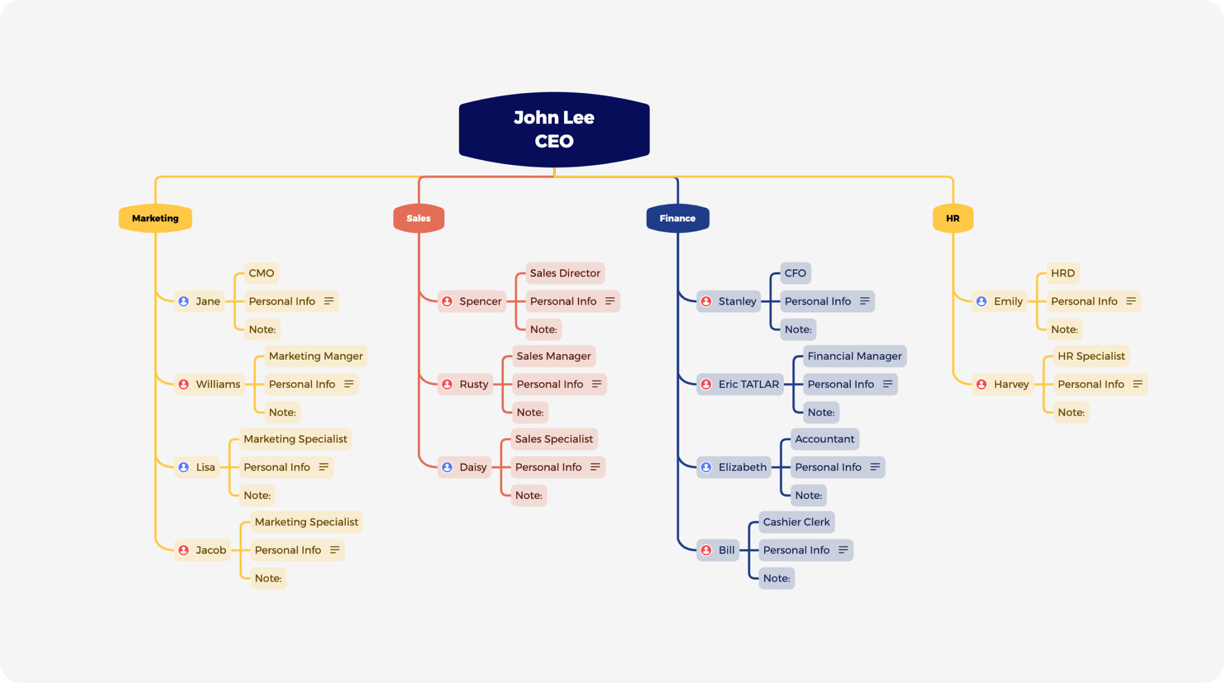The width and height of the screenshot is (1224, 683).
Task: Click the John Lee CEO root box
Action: tap(554, 129)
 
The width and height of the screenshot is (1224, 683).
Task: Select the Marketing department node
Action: tap(155, 218)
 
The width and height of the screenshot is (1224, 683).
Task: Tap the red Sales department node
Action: tap(418, 218)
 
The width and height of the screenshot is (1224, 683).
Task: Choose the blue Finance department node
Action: tap(678, 218)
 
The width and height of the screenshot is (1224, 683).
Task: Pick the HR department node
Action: tap(953, 218)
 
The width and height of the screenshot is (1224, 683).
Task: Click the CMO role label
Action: tap(261, 273)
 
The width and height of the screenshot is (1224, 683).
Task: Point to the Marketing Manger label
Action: tap(316, 356)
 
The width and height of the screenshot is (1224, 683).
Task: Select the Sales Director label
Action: tap(565, 273)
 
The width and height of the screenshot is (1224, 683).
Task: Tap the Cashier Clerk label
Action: tap(796, 522)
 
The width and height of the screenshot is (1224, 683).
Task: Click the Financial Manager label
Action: tap(855, 356)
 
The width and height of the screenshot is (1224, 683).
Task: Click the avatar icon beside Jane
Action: tap(184, 301)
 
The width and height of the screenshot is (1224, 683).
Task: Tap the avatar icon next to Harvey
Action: tap(981, 384)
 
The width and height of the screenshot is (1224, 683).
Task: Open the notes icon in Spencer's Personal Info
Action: tap(610, 301)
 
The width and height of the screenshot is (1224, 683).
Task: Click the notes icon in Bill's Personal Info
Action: tap(843, 550)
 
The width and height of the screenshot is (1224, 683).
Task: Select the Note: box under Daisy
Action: tap(529, 496)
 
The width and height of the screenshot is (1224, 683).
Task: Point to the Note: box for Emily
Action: tap(1064, 330)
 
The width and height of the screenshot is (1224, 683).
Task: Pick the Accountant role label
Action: tap(824, 439)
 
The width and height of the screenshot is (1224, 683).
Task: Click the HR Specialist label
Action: tap(1091, 356)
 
